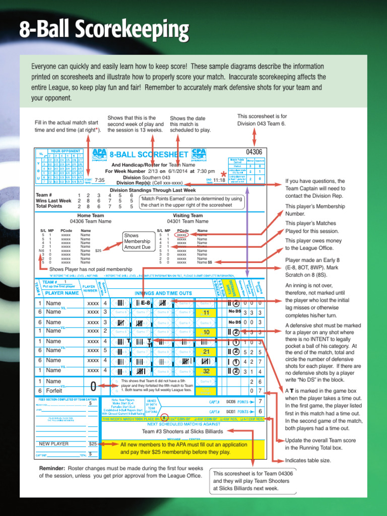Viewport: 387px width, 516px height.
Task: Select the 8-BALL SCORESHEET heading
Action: tap(149, 154)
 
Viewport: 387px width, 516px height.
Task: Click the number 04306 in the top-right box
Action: tap(254, 152)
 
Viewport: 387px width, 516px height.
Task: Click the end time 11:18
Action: tap(219, 180)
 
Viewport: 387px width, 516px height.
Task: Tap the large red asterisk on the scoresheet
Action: tap(223, 175)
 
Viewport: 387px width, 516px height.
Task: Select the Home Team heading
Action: tap(91, 215)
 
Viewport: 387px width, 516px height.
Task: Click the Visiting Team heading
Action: tap(187, 215)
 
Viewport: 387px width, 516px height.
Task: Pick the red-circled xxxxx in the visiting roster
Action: tap(182, 235)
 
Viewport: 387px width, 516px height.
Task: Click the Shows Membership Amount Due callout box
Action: tap(137, 241)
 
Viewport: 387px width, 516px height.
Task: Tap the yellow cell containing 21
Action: tap(206, 351)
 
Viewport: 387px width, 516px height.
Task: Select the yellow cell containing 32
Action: tap(206, 370)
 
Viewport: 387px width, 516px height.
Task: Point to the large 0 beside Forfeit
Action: tap(93, 386)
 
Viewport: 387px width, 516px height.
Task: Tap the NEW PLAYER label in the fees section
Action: tap(54, 444)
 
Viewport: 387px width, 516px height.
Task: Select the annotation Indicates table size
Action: tap(308, 461)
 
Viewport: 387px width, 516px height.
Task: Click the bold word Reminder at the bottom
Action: tap(52, 468)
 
